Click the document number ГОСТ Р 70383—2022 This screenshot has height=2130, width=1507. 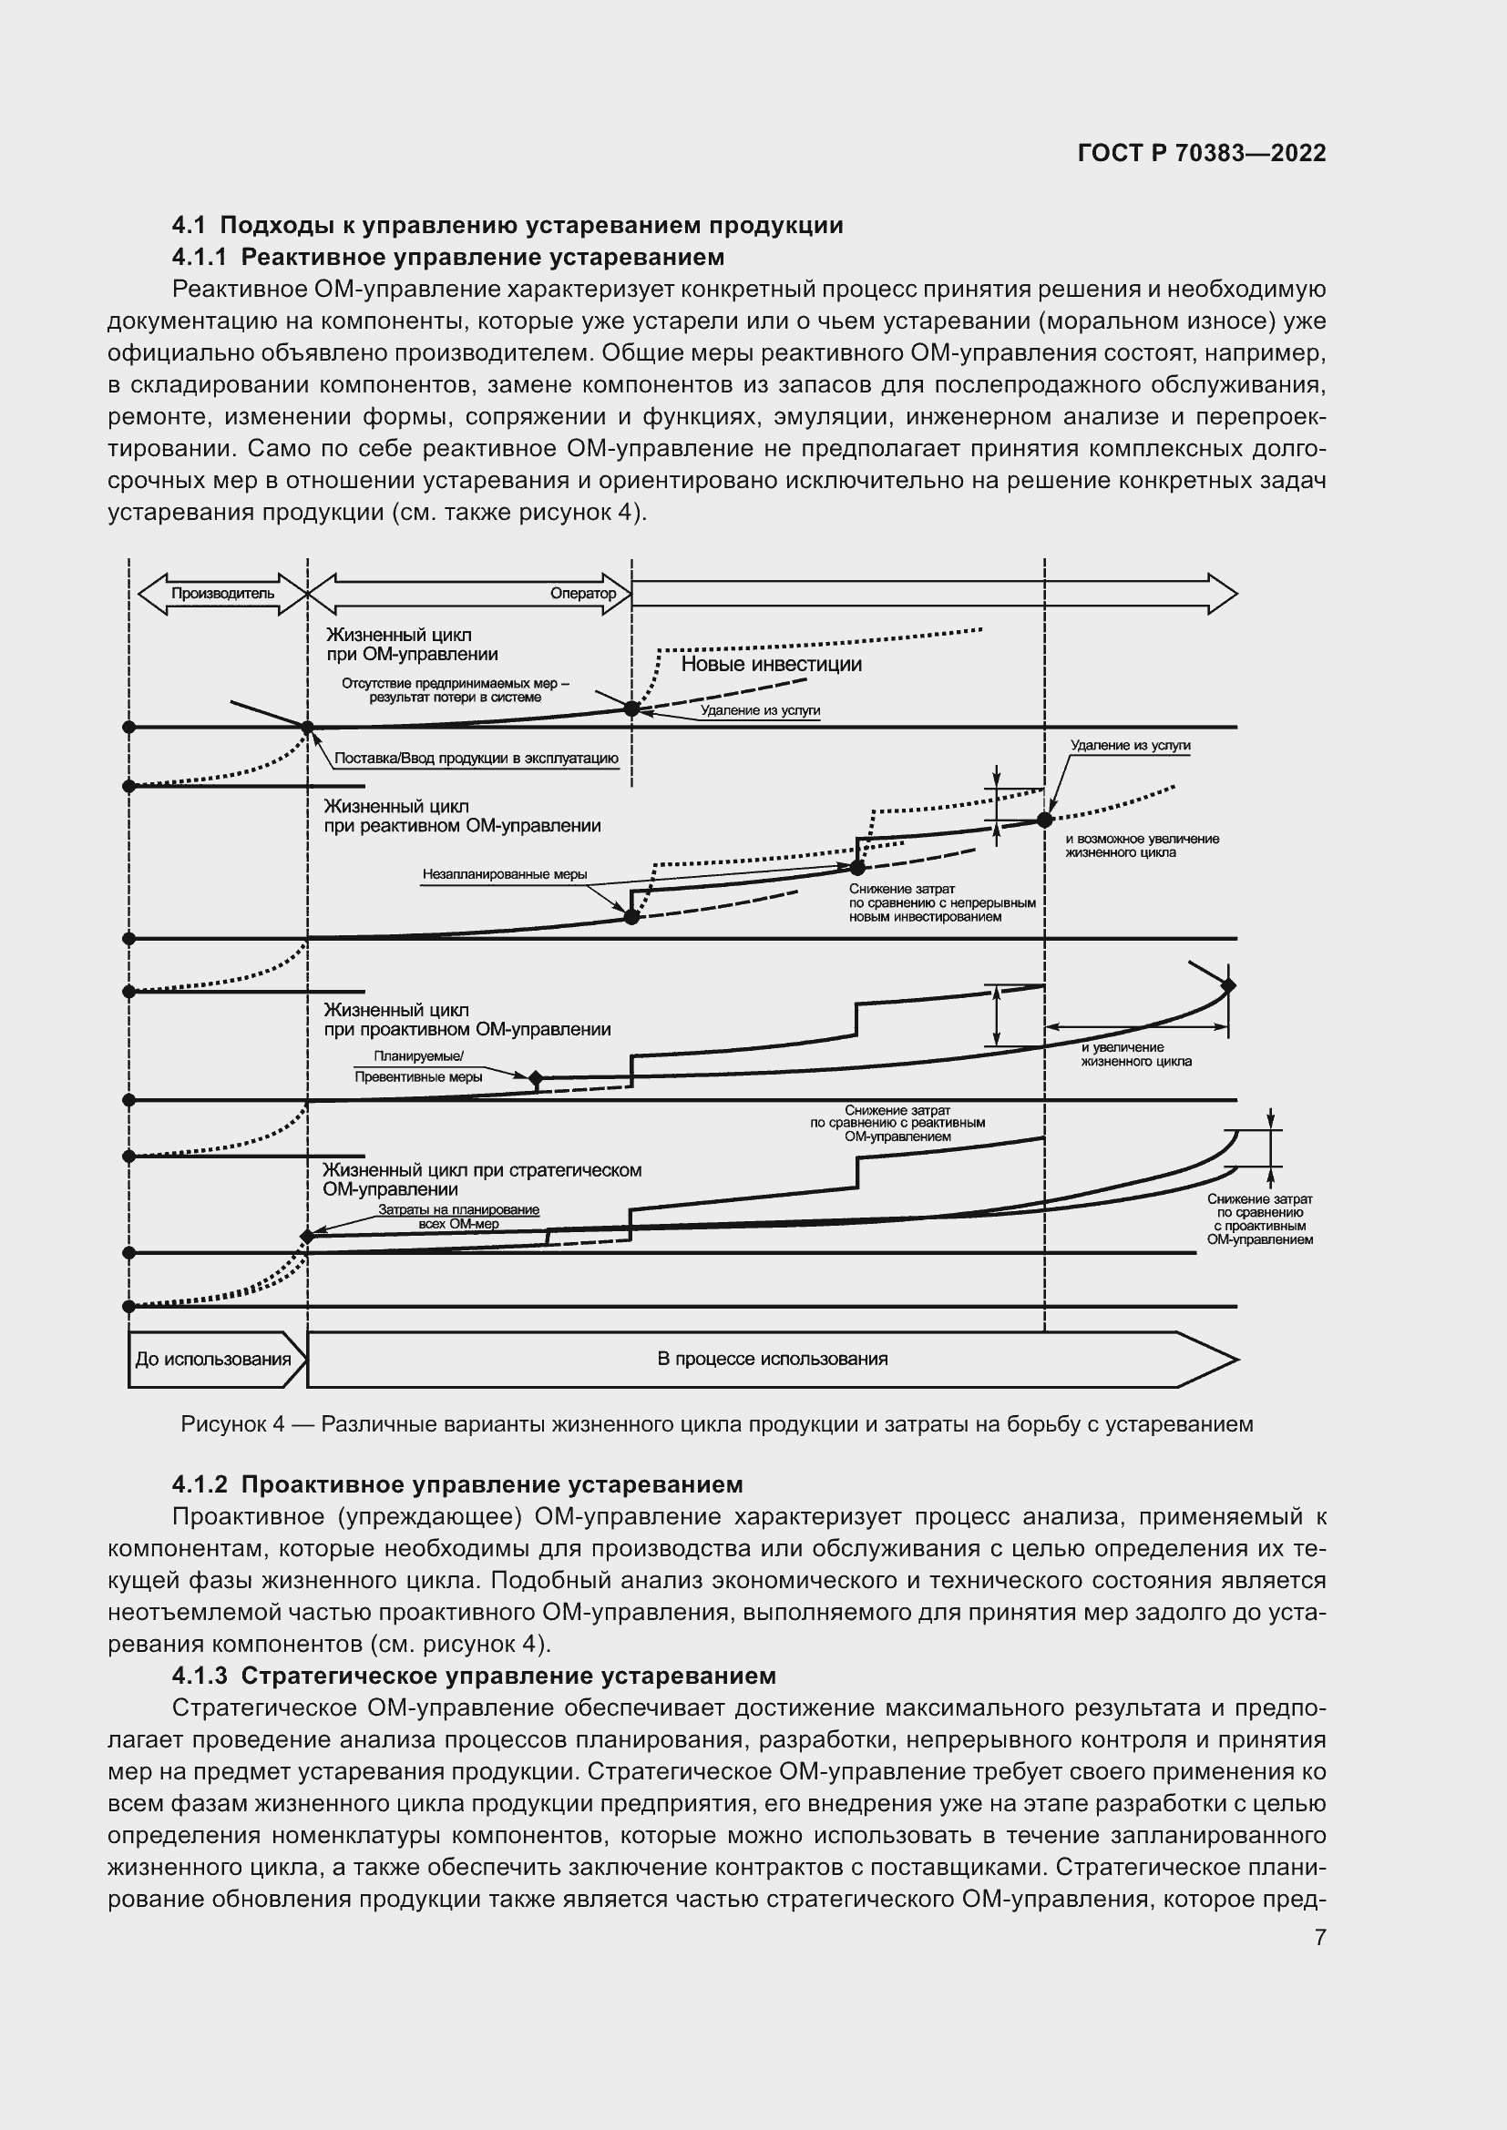(x=1202, y=154)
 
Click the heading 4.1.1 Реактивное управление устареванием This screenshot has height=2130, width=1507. (x=447, y=257)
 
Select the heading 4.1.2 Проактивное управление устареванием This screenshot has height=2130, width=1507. (x=457, y=1484)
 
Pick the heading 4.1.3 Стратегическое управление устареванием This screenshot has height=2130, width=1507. (x=473, y=1676)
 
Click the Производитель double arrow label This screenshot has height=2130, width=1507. (x=222, y=594)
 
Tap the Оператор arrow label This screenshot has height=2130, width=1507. (x=583, y=594)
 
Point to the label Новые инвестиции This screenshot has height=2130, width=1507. (x=771, y=664)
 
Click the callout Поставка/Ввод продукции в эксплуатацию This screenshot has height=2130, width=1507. (x=476, y=758)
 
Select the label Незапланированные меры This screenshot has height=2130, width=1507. (x=505, y=874)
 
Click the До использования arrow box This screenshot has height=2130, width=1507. (x=213, y=1359)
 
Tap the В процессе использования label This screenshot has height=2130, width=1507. (x=772, y=1359)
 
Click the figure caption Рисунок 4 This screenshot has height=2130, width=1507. (x=716, y=1424)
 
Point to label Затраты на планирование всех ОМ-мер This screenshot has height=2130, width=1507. (x=458, y=1217)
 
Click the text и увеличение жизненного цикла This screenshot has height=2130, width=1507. (x=1136, y=1054)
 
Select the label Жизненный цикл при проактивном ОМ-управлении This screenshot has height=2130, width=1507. (x=466, y=1020)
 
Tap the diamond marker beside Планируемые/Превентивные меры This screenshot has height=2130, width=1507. (x=536, y=1078)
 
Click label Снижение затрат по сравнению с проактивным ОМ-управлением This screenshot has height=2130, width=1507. (x=1259, y=1219)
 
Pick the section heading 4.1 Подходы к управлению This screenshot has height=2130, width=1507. (x=507, y=226)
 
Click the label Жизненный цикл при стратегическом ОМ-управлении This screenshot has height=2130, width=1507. (x=481, y=1179)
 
